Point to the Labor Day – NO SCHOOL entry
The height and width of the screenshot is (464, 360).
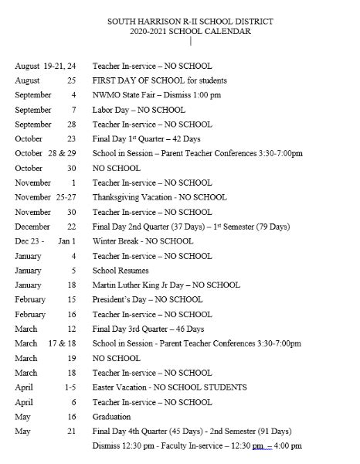pos(138,110)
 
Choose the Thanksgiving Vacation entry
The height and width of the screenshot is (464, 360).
pos(159,197)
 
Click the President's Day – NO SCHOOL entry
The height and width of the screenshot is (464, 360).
pos(147,299)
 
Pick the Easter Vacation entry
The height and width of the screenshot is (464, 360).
pos(169,387)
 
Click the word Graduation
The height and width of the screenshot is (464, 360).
pos(113,416)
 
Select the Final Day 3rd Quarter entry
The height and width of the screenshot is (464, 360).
pos(148,329)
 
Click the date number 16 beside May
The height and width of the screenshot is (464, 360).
pos(72,416)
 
